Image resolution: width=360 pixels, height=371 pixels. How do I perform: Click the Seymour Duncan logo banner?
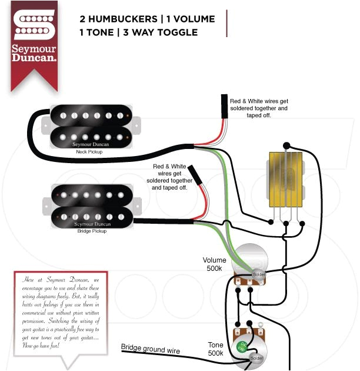(x=34, y=41)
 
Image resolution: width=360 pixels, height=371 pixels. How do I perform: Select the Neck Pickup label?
(x=89, y=151)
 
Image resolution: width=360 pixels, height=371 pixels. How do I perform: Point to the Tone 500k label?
(x=215, y=349)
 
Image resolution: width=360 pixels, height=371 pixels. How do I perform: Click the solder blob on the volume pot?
(x=259, y=274)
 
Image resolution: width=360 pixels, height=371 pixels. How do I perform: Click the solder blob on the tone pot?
(x=256, y=357)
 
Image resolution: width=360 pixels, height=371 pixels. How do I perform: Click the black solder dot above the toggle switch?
(x=286, y=144)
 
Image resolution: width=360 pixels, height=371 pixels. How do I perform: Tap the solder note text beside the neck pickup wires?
(x=259, y=108)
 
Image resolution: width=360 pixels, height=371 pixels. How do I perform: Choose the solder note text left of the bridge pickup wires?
(x=169, y=177)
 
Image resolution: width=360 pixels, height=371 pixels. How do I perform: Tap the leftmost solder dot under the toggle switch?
(x=271, y=223)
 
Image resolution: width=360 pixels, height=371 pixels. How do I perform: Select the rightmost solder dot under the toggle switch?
(x=302, y=223)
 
